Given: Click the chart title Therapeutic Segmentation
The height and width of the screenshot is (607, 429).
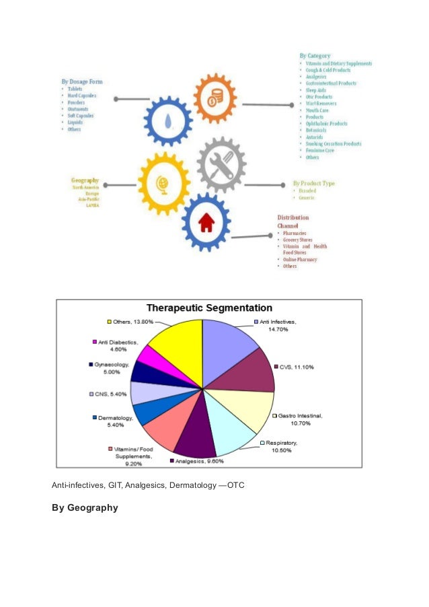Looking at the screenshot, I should [210, 308].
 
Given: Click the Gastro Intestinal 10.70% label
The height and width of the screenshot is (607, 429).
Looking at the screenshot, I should [297, 420].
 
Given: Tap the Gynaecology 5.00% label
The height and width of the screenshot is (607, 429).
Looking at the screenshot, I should [111, 368].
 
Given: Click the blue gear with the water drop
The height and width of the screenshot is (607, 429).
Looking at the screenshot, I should [167, 121].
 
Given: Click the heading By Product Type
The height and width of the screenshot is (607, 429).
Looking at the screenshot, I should [313, 183].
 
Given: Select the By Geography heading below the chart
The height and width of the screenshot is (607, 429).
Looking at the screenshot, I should [85, 507].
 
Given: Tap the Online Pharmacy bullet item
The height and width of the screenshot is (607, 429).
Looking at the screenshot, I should [300, 260].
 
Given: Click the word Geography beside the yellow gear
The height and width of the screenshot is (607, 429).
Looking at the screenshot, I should [85, 180].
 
